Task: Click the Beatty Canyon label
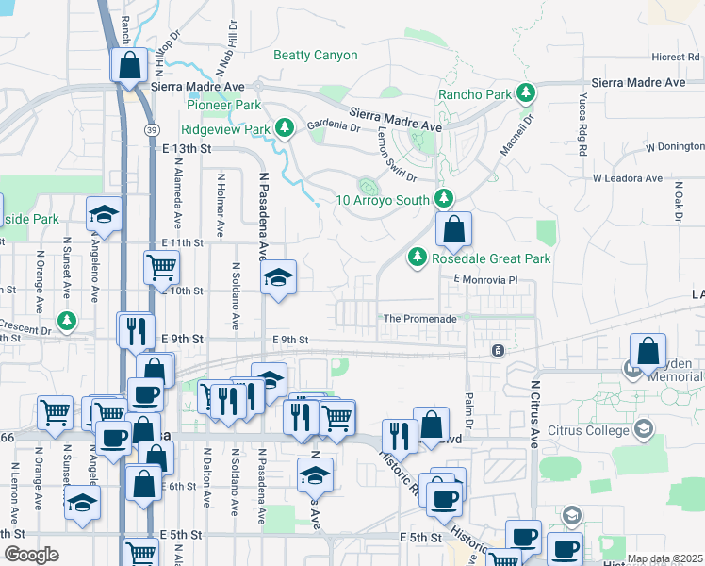click(x=315, y=55)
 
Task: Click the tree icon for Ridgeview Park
click(x=285, y=127)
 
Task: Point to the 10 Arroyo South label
click(x=385, y=199)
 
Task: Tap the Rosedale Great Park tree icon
click(x=417, y=258)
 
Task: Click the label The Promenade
click(x=419, y=319)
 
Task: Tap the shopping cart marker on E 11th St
click(x=162, y=267)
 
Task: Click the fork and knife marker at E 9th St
click(x=135, y=330)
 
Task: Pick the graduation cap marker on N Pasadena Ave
click(x=278, y=278)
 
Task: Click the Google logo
click(x=32, y=555)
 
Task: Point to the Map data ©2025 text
click(x=664, y=558)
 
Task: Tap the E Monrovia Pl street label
click(x=486, y=280)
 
